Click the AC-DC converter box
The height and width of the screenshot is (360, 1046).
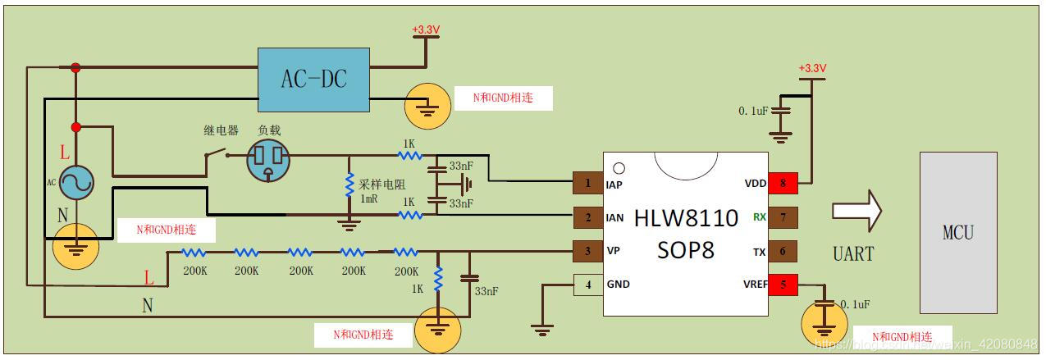pyautogui.click(x=314, y=80)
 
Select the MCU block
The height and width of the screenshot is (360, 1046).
pyautogui.click(x=957, y=232)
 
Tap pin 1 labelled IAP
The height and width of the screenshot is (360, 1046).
pyautogui.click(x=587, y=184)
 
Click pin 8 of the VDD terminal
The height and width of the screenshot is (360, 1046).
pyautogui.click(x=783, y=184)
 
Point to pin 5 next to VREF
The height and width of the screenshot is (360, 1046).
pyautogui.click(x=783, y=285)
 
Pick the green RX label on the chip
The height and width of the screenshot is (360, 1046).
pyautogui.click(x=760, y=217)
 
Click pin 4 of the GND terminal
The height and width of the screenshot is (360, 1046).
pyautogui.click(x=587, y=285)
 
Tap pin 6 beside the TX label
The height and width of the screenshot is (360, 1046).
pyautogui.click(x=783, y=251)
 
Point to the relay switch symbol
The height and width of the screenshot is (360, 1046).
pyautogui.click(x=216, y=153)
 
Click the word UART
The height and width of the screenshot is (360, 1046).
pyautogui.click(x=853, y=253)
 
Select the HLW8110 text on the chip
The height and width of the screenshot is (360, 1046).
pyautogui.click(x=686, y=216)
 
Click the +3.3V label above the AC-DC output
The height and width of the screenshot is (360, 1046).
pyautogui.click(x=426, y=30)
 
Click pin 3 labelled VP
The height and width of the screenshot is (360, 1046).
pyautogui.click(x=587, y=251)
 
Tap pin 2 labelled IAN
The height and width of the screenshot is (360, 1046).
pyautogui.click(x=587, y=217)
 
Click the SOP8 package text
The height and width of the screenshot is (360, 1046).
pyautogui.click(x=686, y=249)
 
